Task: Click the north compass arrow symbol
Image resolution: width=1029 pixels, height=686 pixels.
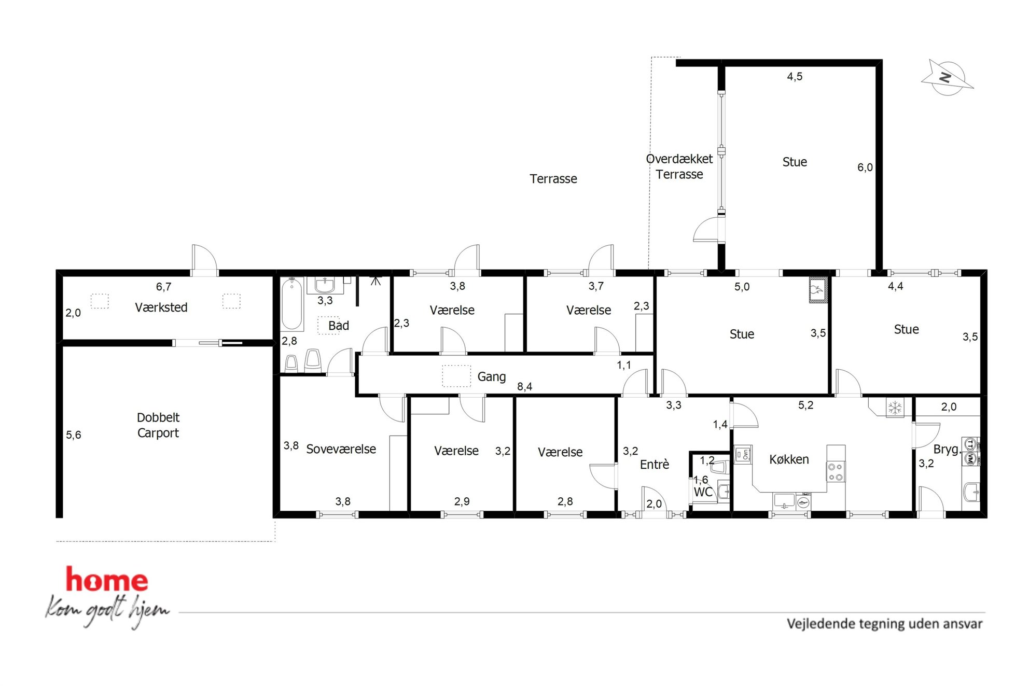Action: tap(947, 78)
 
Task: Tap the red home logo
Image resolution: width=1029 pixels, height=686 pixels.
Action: tap(107, 580)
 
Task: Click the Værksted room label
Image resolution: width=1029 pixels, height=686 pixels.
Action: tap(161, 307)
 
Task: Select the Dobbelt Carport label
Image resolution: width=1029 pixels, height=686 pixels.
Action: tap(158, 425)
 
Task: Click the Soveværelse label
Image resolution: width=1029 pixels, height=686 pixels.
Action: tap(341, 449)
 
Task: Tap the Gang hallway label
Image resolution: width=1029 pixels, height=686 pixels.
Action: tap(491, 377)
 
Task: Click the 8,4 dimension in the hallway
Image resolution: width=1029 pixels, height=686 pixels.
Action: tap(524, 386)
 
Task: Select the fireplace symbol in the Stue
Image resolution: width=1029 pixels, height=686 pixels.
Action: tap(817, 290)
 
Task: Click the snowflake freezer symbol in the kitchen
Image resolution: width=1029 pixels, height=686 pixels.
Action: tap(895, 408)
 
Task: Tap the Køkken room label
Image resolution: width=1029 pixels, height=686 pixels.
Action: tap(789, 459)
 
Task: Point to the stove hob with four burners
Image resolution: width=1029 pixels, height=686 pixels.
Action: tap(835, 471)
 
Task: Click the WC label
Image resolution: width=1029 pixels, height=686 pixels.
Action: tap(703, 492)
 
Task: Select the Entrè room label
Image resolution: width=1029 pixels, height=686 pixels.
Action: tap(655, 465)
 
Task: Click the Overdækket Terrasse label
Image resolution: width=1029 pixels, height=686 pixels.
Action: tap(679, 166)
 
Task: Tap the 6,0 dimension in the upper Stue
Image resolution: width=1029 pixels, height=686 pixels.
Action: tap(865, 167)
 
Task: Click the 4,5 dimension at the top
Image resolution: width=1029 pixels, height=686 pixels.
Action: tap(795, 77)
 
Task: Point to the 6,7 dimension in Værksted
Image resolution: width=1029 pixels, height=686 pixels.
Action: tap(163, 287)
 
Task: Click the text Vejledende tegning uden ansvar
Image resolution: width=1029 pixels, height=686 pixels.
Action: tap(884, 624)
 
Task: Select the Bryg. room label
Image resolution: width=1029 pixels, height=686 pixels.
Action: tap(947, 449)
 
